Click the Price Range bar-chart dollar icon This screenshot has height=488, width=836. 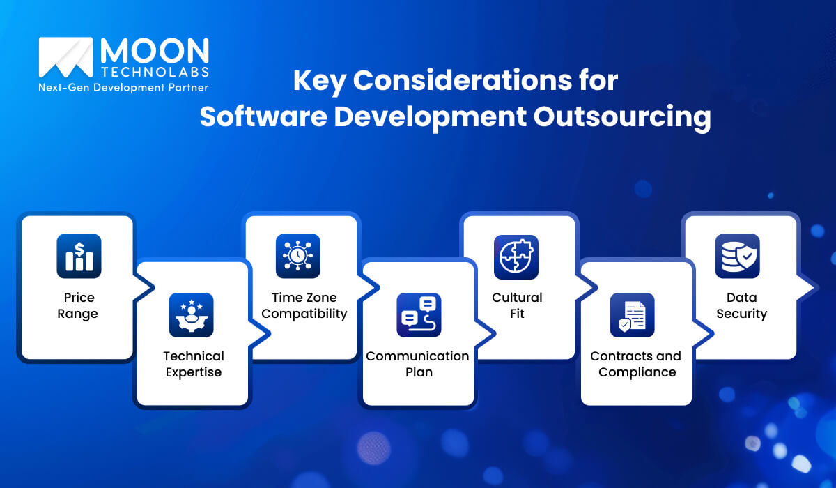79,256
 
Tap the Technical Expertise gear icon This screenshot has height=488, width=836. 191,315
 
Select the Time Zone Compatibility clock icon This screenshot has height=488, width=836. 298,256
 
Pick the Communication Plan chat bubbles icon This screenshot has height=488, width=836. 419,315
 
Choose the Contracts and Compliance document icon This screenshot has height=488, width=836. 632,315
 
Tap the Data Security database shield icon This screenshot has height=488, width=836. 738,256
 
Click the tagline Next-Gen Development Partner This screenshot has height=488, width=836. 123,88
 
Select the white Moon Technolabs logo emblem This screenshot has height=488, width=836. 65,57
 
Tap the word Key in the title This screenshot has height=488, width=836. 319,81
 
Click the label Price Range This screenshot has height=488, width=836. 77,305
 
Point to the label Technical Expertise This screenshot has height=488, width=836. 194,364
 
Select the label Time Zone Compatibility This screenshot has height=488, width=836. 304,305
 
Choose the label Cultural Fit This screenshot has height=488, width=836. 517,305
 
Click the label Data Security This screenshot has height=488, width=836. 741,305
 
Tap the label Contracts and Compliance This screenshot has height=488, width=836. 636,364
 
